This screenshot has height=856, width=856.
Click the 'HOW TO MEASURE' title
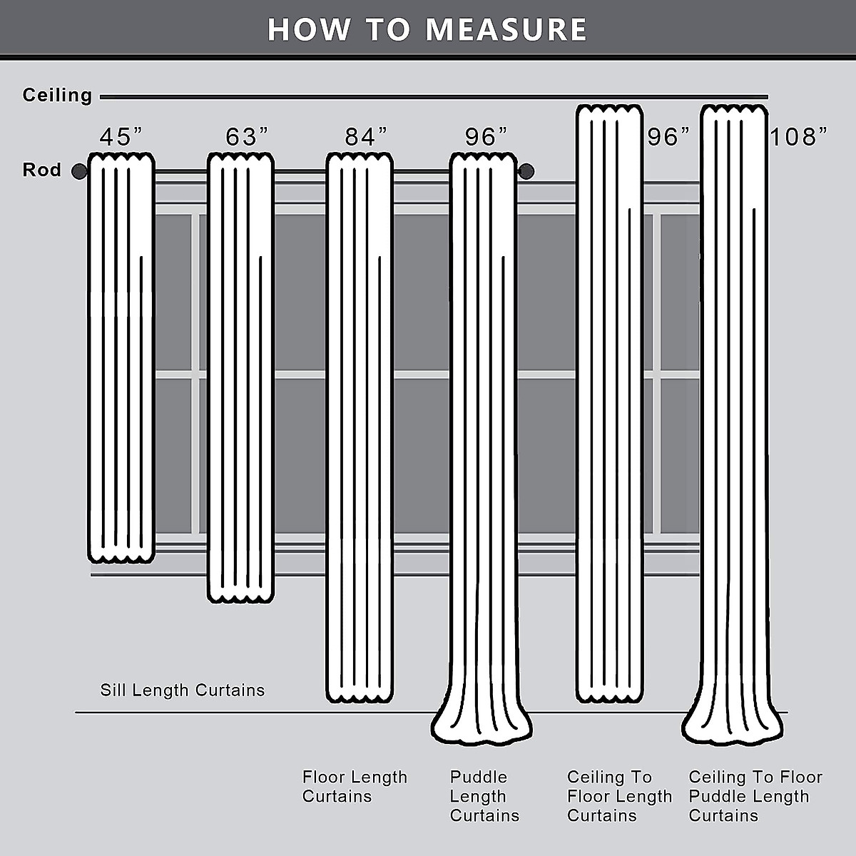pyautogui.click(x=427, y=29)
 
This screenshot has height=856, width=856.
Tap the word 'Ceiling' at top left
pyautogui.click(x=57, y=95)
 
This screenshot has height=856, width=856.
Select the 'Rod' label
pyautogui.click(x=41, y=170)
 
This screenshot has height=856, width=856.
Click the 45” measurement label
pyautogui.click(x=121, y=136)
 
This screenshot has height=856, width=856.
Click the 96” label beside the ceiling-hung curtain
pyautogui.click(x=669, y=136)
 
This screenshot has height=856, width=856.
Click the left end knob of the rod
pyautogui.click(x=79, y=171)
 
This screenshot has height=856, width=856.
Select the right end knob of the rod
pyautogui.click(x=526, y=171)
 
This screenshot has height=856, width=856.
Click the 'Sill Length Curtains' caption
pyautogui.click(x=182, y=690)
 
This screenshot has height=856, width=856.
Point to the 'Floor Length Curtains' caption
pyautogui.click(x=355, y=786)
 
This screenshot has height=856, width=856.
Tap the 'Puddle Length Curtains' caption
pyautogui.click(x=484, y=796)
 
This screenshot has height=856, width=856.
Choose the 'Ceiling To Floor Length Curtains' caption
pyautogui.click(x=619, y=796)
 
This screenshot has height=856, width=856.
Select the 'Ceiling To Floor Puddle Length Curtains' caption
pyautogui.click(x=755, y=796)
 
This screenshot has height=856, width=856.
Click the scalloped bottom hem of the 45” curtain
pyautogui.click(x=121, y=556)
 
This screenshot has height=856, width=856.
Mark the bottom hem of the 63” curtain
pyautogui.click(x=240, y=596)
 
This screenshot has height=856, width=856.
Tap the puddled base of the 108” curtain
pyautogui.click(x=733, y=728)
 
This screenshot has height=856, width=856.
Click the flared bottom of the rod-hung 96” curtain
pyautogui.click(x=481, y=728)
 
